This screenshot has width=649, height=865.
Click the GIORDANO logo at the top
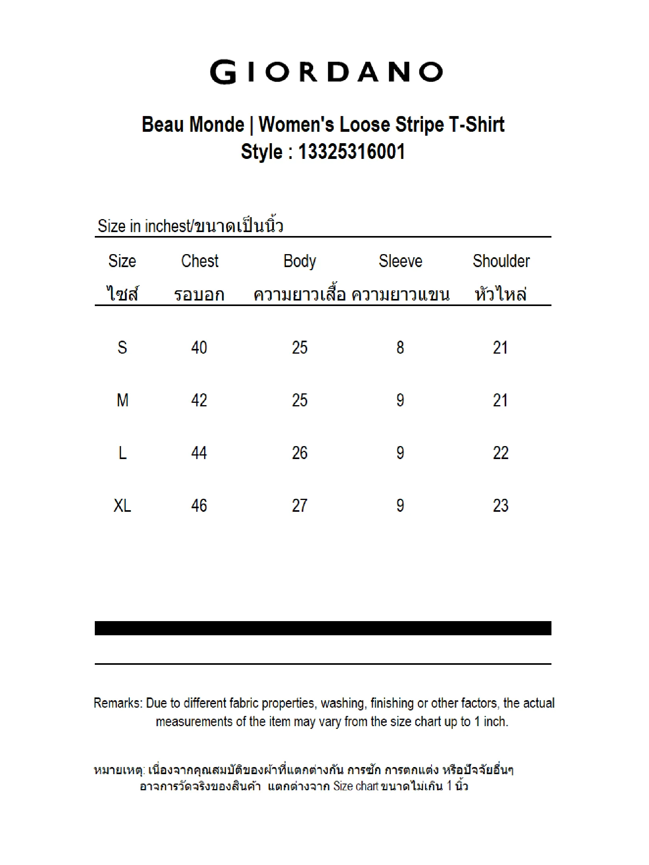[x=326, y=72]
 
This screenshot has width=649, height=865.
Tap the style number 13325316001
[x=351, y=152]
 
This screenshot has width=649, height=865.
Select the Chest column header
[x=199, y=261]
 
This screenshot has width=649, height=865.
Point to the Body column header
[x=299, y=261]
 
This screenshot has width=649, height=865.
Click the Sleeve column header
[x=400, y=261]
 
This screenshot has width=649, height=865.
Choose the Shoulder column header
[x=501, y=261]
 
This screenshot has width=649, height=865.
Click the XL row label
[x=122, y=505]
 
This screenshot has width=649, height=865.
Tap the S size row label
[x=122, y=348]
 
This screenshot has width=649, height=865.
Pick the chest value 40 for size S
[x=199, y=348]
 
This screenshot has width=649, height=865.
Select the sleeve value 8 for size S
[x=400, y=348]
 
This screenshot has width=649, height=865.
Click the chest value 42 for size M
[x=199, y=400]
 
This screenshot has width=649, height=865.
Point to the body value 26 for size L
[x=299, y=453]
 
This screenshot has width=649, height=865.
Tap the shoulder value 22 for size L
[x=500, y=453]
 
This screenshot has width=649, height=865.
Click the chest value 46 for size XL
[x=199, y=505]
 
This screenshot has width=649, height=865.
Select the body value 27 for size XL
[x=299, y=505]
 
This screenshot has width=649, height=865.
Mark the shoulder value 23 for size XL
[x=500, y=505]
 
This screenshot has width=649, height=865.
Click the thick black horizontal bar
[x=323, y=628]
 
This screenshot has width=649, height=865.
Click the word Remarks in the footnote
[x=118, y=703]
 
